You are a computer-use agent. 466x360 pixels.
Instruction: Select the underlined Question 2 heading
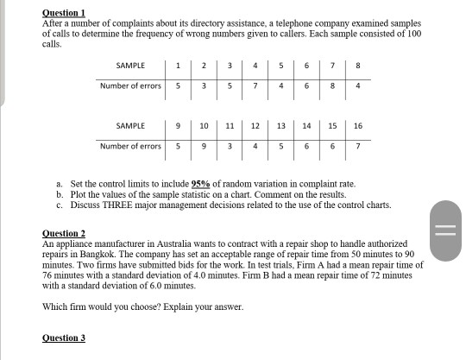tap(64, 234)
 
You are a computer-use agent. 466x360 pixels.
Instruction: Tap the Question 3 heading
tap(64, 337)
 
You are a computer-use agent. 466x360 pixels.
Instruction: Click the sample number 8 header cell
tap(358, 66)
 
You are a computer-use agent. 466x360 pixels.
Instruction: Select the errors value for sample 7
tap(332, 85)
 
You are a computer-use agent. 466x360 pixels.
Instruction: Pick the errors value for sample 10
tap(204, 146)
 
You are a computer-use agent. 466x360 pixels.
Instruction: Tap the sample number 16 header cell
tap(358, 126)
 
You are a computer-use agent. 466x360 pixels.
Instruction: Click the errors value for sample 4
tap(255, 85)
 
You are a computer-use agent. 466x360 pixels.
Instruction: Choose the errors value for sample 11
tap(230, 146)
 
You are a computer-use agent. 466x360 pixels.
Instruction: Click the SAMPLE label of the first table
tap(129, 66)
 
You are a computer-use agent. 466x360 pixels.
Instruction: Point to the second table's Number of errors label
tap(130, 146)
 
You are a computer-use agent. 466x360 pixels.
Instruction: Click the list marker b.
tap(59, 195)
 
